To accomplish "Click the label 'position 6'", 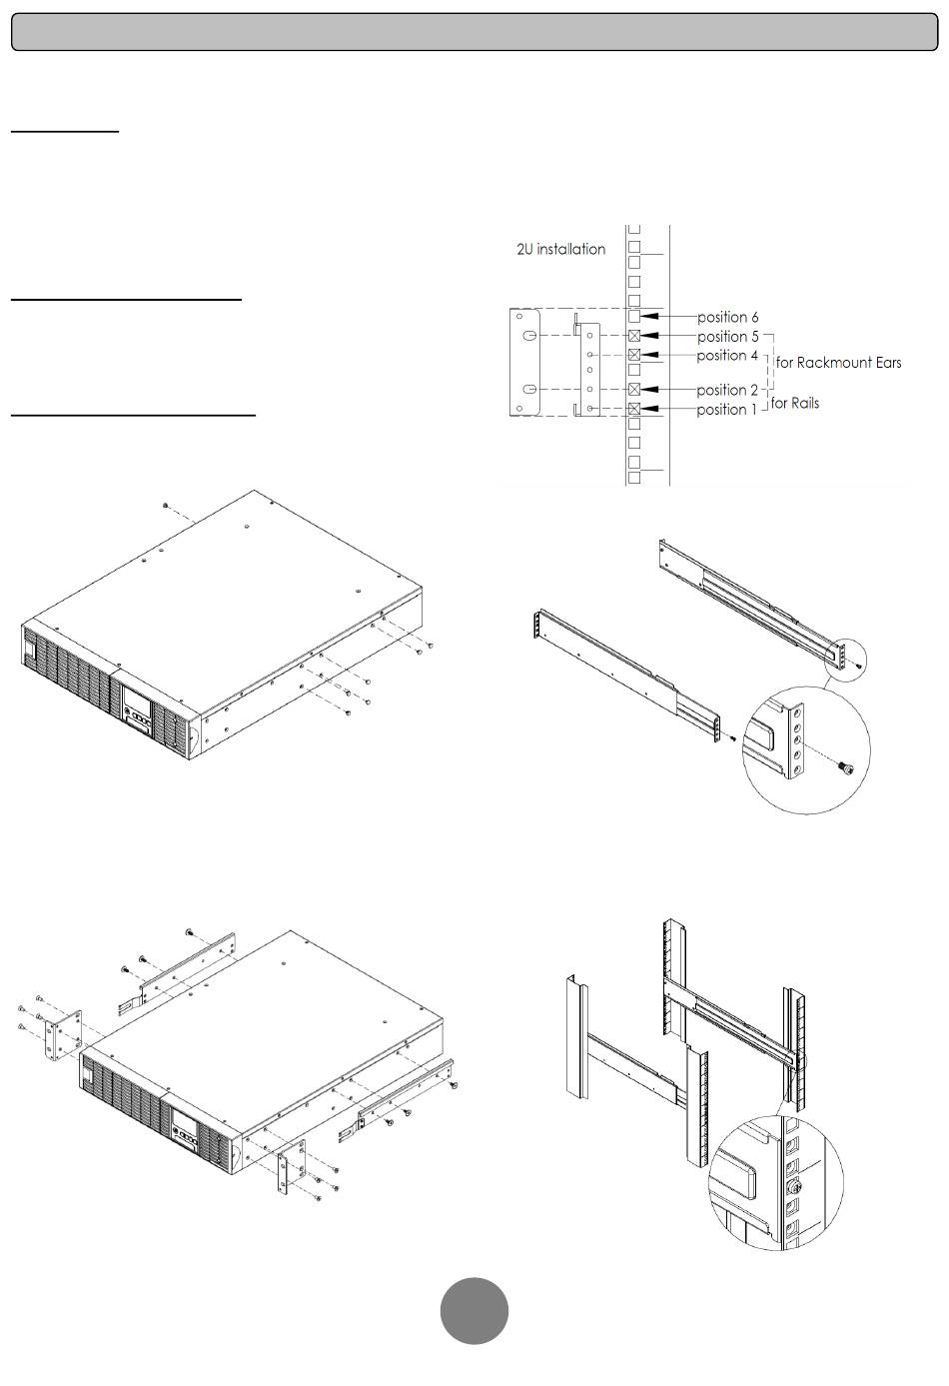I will coord(727,318).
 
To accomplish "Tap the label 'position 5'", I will coord(727,337).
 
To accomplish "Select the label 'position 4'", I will coord(727,356).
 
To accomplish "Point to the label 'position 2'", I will coord(727,391).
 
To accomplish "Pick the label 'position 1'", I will coord(727,410).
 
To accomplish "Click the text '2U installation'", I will coord(560,250).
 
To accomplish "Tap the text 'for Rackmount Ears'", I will coord(838,363).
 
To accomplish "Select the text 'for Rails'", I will coord(795,404).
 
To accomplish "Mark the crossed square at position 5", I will coord(634,336).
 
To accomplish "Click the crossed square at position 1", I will coord(634,409).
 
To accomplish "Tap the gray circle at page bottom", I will coord(474,1310).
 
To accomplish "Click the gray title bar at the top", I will coord(474,32).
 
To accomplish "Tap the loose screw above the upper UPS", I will coord(165,508).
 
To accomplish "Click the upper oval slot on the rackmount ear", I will coord(531,336).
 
